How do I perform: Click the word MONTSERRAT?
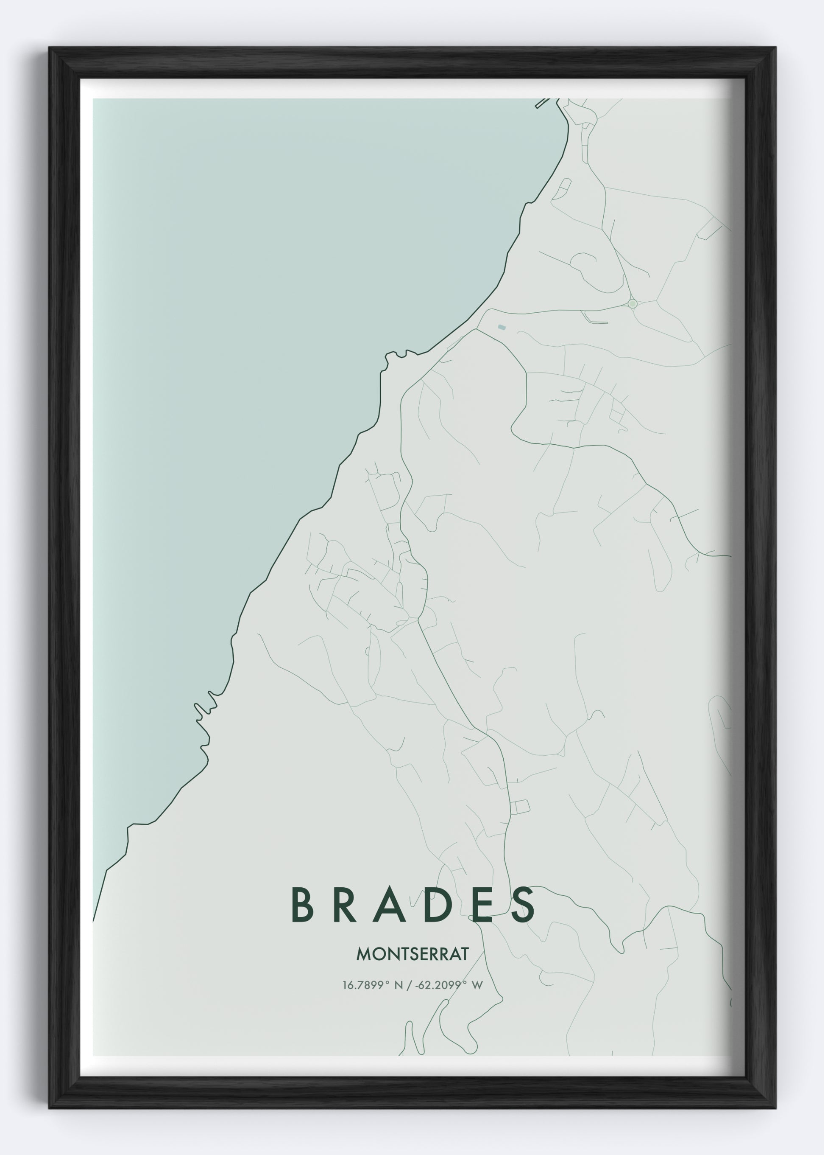412,954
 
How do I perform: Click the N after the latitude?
398,985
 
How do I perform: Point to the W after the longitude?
477,985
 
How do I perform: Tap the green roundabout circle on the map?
633,303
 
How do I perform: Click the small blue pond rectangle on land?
502,328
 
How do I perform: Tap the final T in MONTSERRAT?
463,954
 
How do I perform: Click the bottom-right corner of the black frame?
775,1108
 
